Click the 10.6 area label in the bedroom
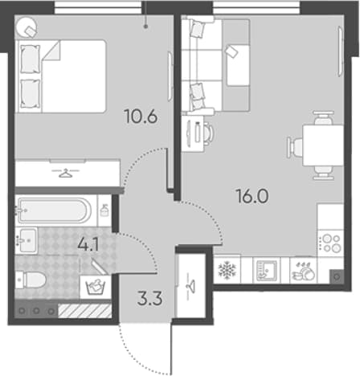[141, 116]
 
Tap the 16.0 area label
[252, 196]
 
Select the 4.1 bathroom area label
[88, 244]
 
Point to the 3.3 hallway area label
[149, 299]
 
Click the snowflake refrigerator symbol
[227, 270]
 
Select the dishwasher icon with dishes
[304, 271]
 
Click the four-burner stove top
[330, 243]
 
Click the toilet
[31, 280]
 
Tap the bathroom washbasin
[27, 241]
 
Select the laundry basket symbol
[96, 288]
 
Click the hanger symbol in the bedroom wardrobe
[65, 173]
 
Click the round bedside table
[27, 27]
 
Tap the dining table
[323, 145]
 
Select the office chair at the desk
[208, 133]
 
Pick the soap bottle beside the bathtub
[104, 210]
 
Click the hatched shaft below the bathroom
[84, 311]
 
